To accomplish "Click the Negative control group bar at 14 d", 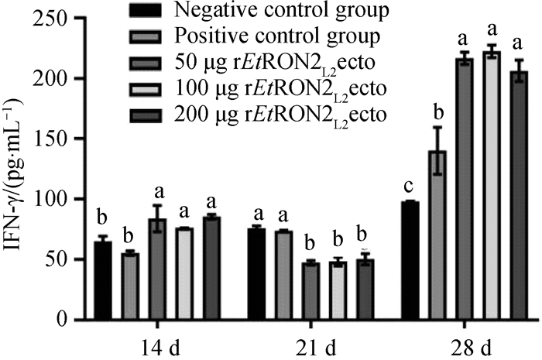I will pyautogui.click(x=102, y=280).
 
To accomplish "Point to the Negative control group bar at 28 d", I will pyautogui.click(x=410, y=260).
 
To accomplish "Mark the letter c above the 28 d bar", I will pyautogui.click(x=410, y=187).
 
